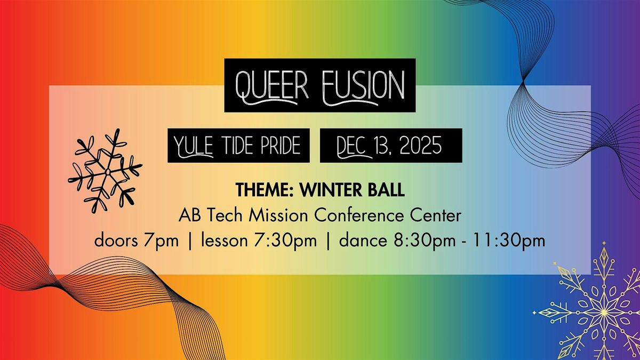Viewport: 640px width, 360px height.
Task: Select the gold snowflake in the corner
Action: (597, 309)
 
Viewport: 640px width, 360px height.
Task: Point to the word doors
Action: (114, 241)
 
